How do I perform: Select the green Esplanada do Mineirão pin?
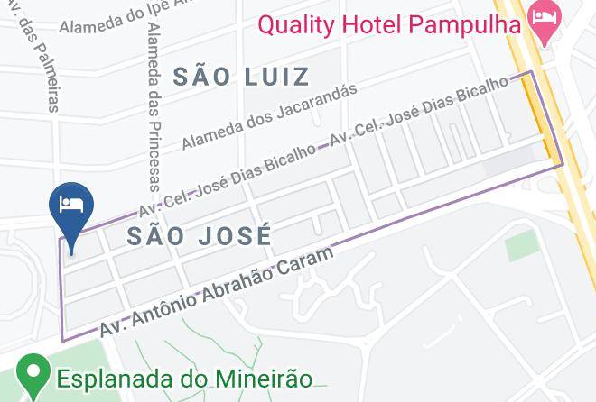34,375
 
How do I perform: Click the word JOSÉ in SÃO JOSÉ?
234,236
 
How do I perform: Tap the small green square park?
520,245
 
